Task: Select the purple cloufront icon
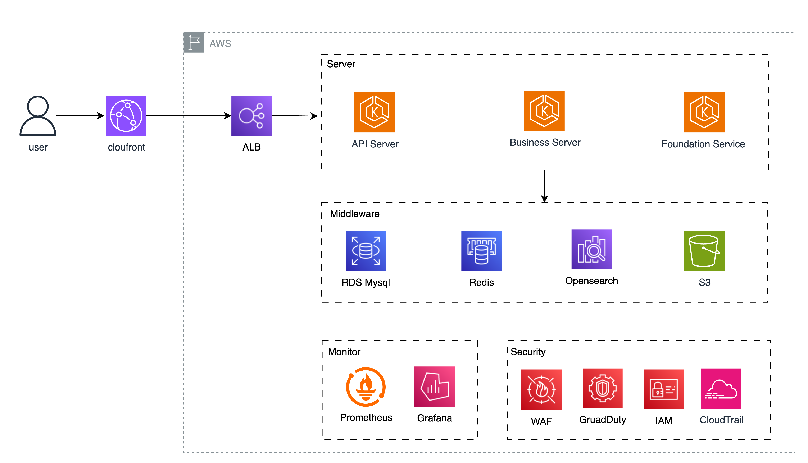[x=126, y=116]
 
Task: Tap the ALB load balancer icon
[x=251, y=116]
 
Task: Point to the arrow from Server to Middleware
[x=545, y=186]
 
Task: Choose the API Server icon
[x=374, y=112]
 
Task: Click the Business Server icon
[x=544, y=111]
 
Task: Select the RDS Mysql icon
[x=366, y=251]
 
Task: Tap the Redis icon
[x=481, y=251]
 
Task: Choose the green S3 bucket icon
[x=704, y=251]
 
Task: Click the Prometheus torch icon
[x=366, y=387]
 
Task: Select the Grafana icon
[x=434, y=387]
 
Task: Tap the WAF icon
[x=541, y=390]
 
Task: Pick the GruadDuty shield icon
[x=602, y=388]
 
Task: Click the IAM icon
[x=663, y=389]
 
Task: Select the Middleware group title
[x=354, y=214]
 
